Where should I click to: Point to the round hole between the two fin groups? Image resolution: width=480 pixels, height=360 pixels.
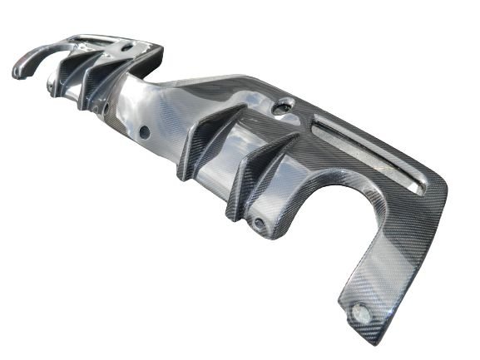click(x=144, y=131)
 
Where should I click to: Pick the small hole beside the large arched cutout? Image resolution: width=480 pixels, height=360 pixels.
click(x=260, y=223)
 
